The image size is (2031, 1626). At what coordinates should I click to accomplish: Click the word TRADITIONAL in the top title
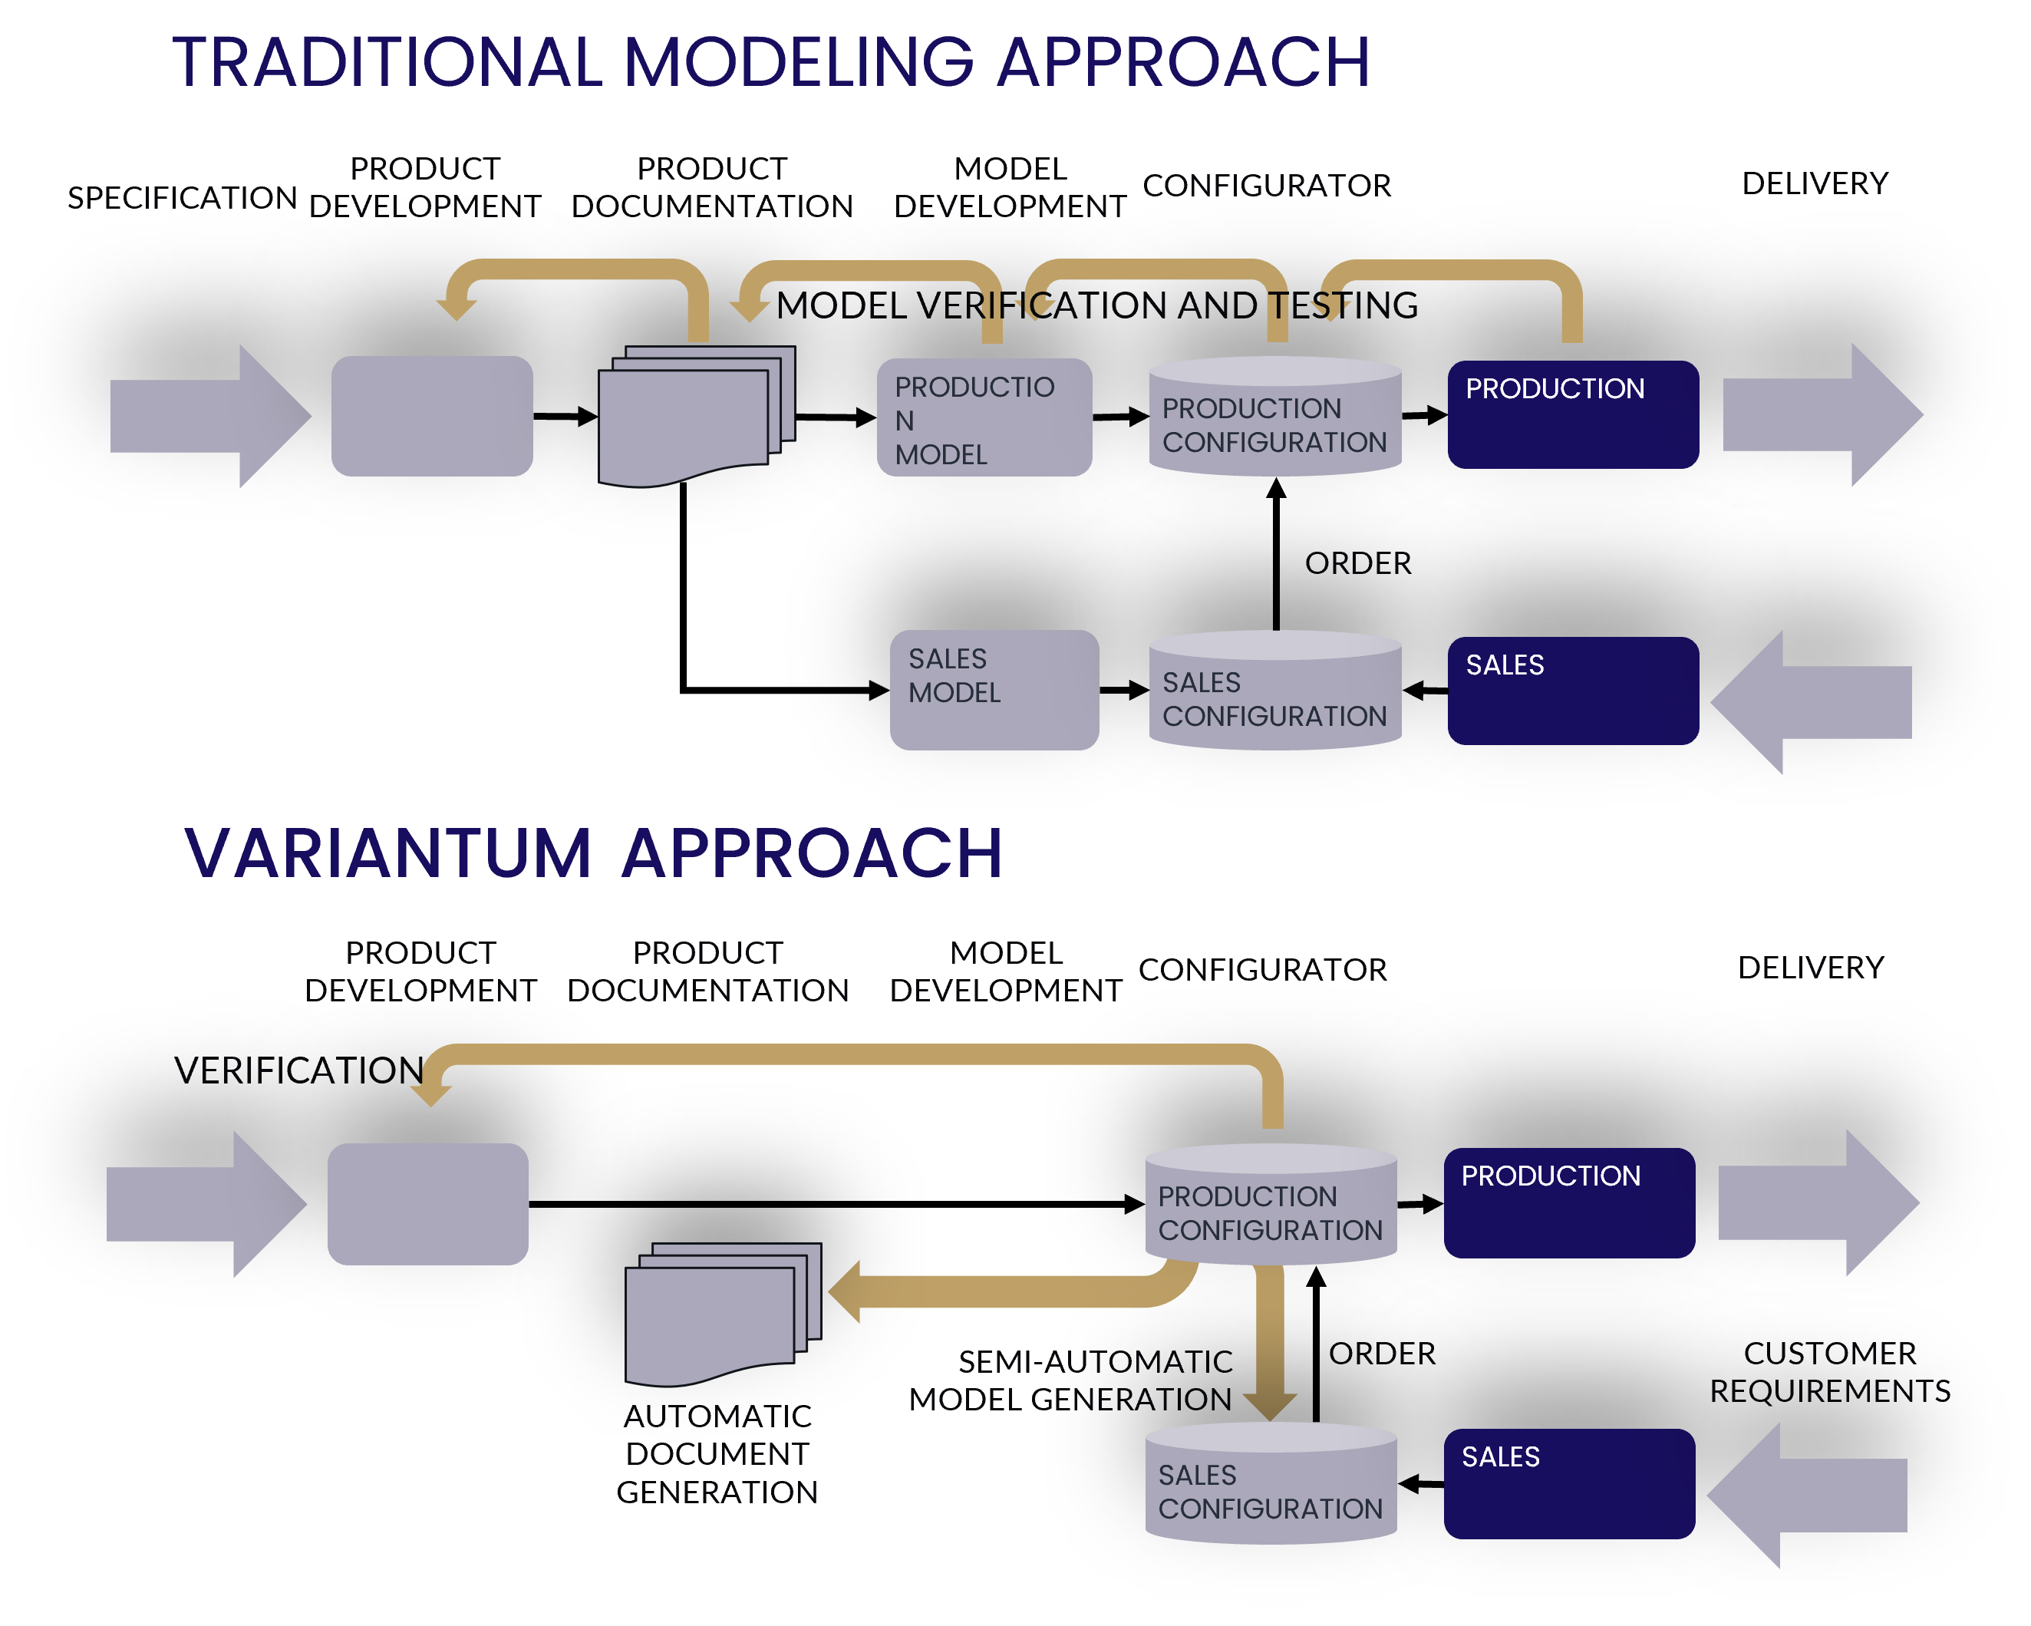[386, 63]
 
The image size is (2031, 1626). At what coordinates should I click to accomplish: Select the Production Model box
[984, 417]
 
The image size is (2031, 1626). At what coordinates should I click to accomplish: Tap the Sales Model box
[994, 690]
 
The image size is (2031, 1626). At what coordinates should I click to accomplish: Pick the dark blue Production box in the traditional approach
[1572, 414]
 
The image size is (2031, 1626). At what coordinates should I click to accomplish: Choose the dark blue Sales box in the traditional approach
[1572, 691]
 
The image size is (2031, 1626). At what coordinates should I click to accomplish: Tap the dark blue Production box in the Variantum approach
[1568, 1202]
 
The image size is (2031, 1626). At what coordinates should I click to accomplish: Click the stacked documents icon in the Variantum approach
[720, 1314]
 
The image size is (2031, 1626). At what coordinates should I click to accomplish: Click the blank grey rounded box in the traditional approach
[431, 415]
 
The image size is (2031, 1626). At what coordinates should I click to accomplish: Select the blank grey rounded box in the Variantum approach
[427, 1203]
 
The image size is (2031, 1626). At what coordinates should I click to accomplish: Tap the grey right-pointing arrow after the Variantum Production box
[1818, 1203]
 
